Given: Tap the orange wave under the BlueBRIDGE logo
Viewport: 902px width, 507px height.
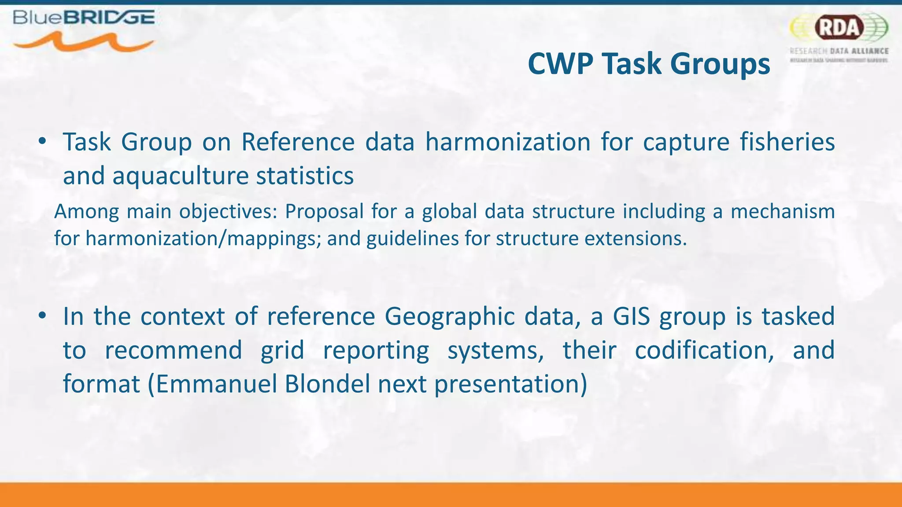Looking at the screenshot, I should point(84,43).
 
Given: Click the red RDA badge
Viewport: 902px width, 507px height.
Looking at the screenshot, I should point(839,27).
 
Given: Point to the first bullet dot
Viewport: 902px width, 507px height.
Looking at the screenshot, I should point(42,142).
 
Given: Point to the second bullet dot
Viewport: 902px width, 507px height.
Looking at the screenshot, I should point(42,316).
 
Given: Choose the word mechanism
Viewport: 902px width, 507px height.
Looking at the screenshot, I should point(783,212).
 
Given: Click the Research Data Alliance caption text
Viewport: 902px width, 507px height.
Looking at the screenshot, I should point(839,51).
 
